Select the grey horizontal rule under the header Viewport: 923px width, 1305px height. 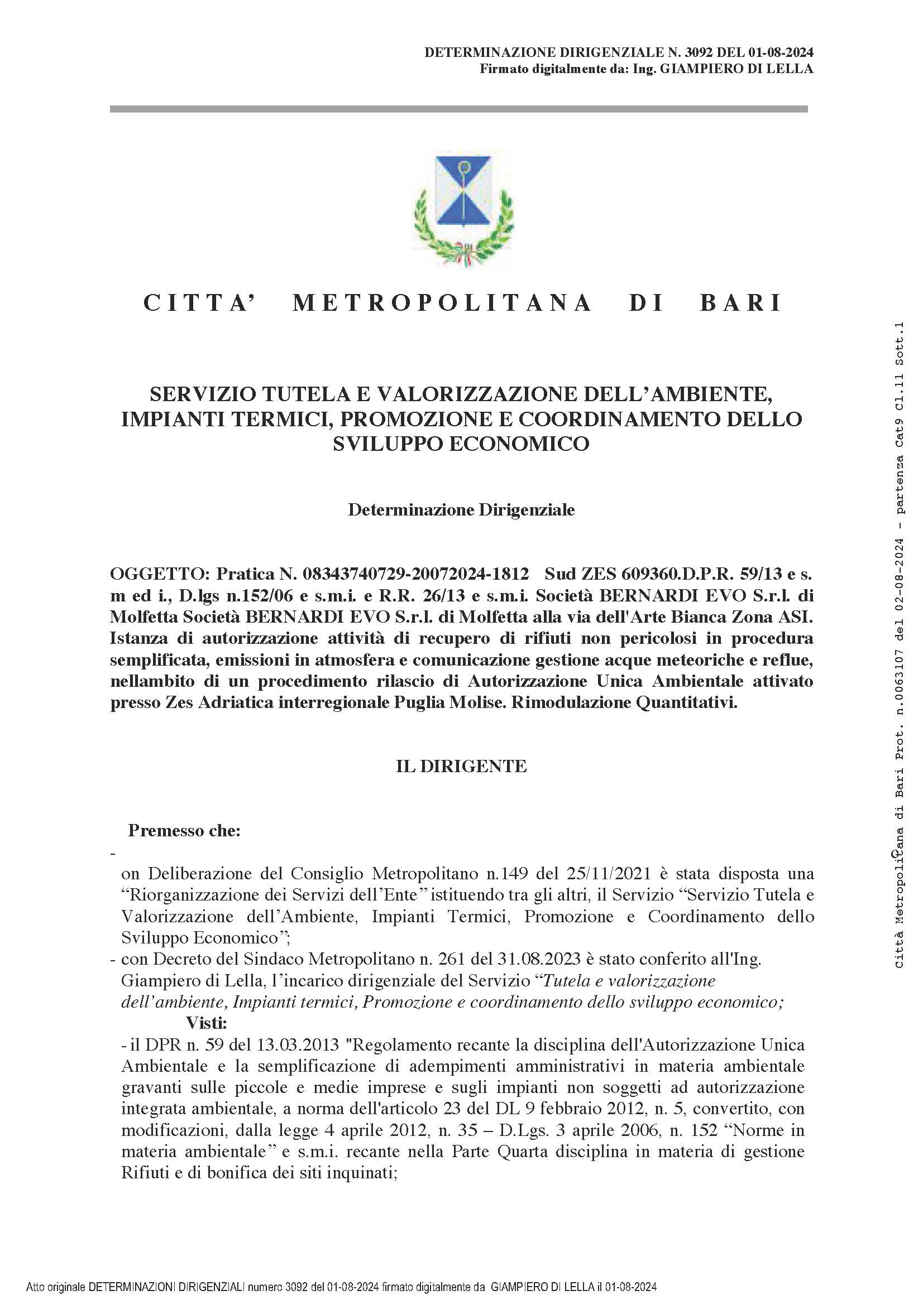[x=458, y=109]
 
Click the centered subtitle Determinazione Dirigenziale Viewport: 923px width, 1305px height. [x=461, y=510]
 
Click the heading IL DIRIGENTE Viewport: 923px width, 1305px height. [x=461, y=765]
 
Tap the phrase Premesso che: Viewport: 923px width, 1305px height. [x=184, y=830]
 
